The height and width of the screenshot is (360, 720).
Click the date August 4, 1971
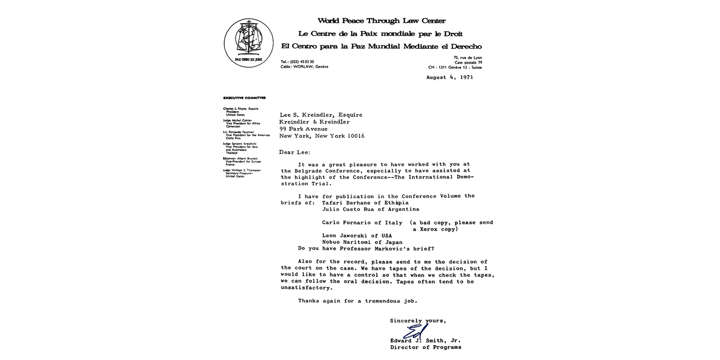click(449, 78)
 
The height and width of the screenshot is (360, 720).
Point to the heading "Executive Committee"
click(244, 98)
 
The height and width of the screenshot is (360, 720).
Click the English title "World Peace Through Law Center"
click(381, 21)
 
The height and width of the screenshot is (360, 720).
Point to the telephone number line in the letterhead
click(297, 62)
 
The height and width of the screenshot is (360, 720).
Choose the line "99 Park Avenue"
click(303, 129)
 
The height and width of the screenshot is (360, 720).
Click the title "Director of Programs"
click(425, 347)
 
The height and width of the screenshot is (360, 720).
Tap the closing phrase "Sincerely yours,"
click(418, 321)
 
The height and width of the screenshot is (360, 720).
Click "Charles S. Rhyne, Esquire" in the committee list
click(241, 109)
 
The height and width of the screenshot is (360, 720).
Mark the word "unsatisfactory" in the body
click(307, 288)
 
